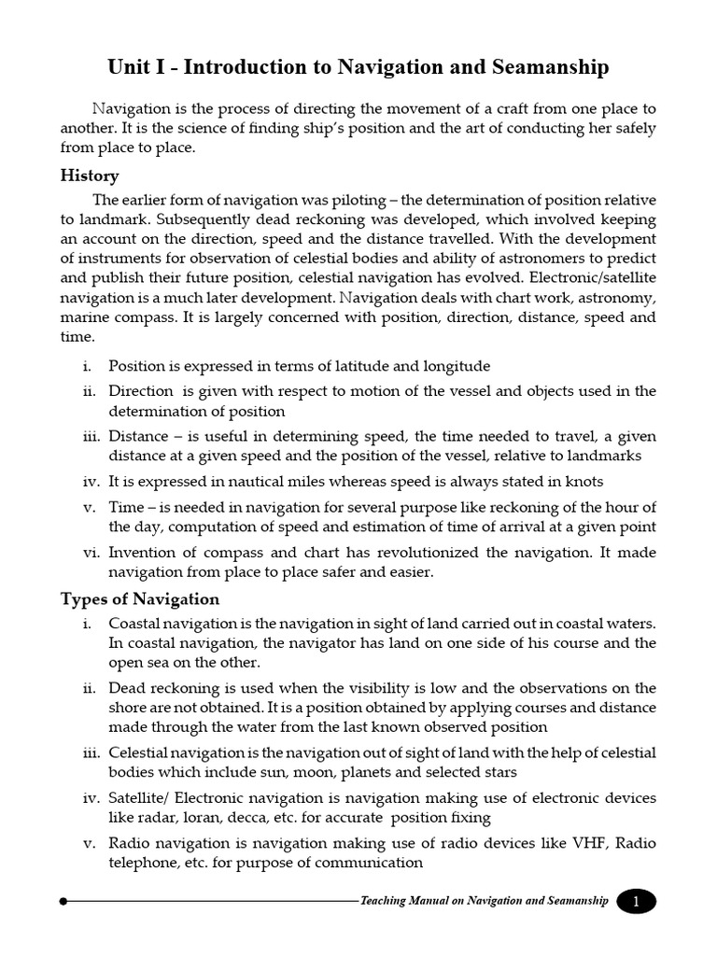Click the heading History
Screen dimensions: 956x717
[90, 176]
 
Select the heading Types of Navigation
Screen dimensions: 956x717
[140, 599]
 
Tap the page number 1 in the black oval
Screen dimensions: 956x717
[637, 902]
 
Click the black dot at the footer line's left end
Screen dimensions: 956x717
[63, 902]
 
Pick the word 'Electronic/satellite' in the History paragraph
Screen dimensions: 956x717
[596, 277]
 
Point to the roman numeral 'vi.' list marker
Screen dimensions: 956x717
[91, 553]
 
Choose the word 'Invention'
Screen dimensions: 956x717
[141, 553]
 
